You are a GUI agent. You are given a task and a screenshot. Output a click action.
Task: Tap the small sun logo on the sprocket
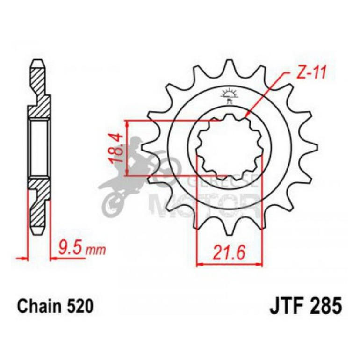click(229, 93)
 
